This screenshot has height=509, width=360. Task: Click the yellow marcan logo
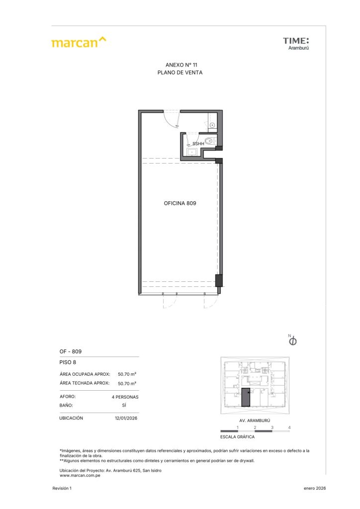[79, 42]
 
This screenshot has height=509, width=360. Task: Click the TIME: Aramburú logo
[296, 44]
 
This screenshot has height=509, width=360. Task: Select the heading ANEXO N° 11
[181, 65]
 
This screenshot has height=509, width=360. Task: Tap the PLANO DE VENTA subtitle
[180, 73]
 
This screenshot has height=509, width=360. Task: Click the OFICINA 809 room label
[180, 203]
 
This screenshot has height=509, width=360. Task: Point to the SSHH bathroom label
[198, 144]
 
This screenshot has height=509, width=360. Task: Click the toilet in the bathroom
[210, 141]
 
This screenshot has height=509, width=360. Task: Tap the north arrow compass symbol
[292, 340]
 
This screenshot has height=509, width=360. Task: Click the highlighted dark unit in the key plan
[246, 397]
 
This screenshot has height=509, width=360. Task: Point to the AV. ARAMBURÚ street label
[255, 421]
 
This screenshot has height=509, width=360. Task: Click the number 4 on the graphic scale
[289, 427]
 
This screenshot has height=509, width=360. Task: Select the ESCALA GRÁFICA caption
[237, 437]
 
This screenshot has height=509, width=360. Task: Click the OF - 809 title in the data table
[71, 351]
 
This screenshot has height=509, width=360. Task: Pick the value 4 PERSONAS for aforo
[125, 397]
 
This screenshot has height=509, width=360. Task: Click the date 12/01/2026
[126, 418]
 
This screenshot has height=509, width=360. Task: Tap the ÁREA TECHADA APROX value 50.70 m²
[127, 383]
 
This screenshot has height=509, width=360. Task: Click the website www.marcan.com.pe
[80, 476]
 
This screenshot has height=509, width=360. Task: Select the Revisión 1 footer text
[62, 488]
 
